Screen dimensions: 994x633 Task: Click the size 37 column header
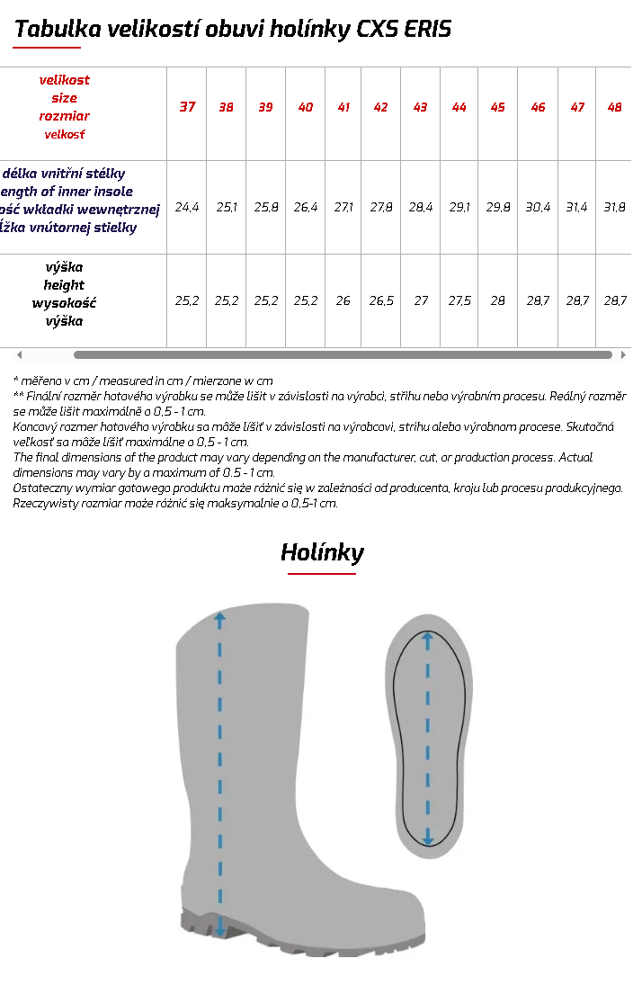point(187,107)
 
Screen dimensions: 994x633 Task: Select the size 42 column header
point(380,107)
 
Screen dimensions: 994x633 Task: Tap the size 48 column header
point(614,107)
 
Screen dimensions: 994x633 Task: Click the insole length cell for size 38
point(227,207)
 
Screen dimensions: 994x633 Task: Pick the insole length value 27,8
point(381,207)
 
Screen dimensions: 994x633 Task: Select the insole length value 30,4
point(538,207)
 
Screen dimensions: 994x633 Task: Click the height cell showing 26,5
point(381,300)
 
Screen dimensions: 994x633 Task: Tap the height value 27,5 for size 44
point(459,300)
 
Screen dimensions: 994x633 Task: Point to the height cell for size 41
point(343,300)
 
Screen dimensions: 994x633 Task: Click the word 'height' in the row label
point(64,285)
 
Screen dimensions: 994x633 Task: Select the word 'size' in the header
point(64,97)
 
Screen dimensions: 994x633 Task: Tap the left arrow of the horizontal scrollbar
point(20,355)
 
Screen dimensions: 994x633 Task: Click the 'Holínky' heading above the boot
point(322,551)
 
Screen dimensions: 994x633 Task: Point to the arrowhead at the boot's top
point(219,618)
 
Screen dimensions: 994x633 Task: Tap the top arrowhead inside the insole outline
point(428,640)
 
